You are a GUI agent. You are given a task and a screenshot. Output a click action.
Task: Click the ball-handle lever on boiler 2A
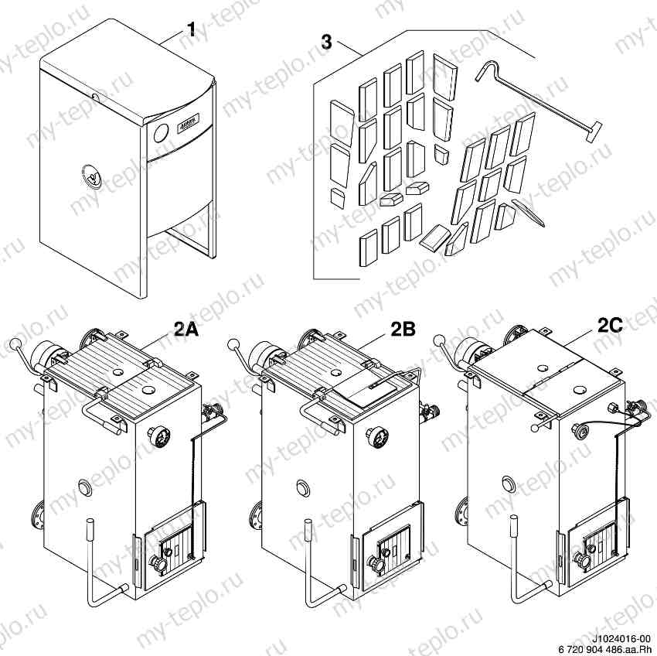coord(15,343)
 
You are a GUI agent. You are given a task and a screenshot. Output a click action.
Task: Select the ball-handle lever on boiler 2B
coord(233,343)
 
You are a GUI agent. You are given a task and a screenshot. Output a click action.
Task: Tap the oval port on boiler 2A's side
coord(83,487)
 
